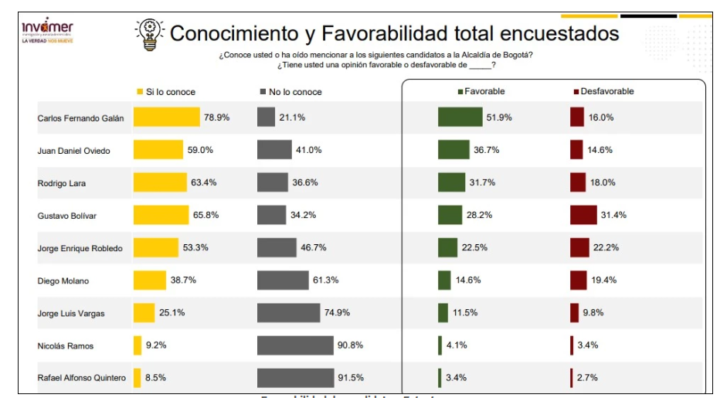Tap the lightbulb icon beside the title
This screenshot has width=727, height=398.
[x=149, y=35]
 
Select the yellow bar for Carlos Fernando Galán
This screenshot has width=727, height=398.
[x=166, y=117]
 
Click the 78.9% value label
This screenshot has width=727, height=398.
[x=216, y=117]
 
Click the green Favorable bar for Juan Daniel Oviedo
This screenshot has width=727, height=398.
[x=454, y=150]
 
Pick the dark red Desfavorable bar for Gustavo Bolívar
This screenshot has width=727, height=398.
[x=583, y=215]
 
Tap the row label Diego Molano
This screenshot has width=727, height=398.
[x=63, y=281]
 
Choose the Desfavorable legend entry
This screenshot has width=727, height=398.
[x=603, y=91]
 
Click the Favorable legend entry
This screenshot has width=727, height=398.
[x=481, y=91]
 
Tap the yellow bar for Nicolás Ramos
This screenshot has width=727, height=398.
[x=138, y=345]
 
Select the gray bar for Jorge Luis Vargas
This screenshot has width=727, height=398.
[x=288, y=313]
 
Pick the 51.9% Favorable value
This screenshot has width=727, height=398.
[x=499, y=117]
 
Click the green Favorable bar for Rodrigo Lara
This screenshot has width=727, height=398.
[x=451, y=182]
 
